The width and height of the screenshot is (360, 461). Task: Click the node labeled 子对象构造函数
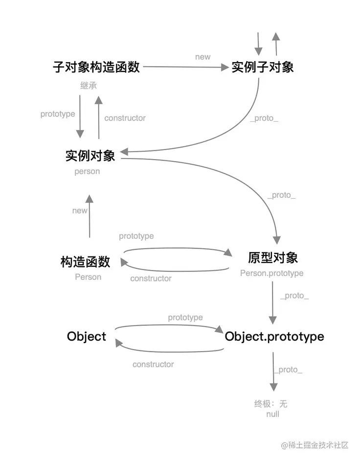(96, 67)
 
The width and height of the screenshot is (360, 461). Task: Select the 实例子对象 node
(263, 67)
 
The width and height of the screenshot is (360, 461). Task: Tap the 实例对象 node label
(90, 156)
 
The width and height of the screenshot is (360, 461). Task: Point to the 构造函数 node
(86, 262)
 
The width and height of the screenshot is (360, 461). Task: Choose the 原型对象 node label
(273, 258)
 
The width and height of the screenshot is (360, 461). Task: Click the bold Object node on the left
(87, 337)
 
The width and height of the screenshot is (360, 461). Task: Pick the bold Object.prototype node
(274, 337)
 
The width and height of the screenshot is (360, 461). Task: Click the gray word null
(273, 414)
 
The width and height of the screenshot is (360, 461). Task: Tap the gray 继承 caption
(89, 85)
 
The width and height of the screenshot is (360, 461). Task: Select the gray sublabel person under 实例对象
(87, 172)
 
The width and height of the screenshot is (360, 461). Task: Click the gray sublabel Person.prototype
(272, 273)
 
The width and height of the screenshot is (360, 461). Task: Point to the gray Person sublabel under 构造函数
(88, 277)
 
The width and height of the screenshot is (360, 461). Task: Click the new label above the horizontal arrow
(202, 57)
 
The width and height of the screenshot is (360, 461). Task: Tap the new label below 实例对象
(80, 211)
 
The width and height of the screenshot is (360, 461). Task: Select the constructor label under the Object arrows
(153, 364)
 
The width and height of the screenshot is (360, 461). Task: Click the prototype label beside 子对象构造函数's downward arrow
(58, 114)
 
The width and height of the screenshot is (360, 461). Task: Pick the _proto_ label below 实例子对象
(264, 118)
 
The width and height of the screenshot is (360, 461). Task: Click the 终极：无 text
(271, 404)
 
